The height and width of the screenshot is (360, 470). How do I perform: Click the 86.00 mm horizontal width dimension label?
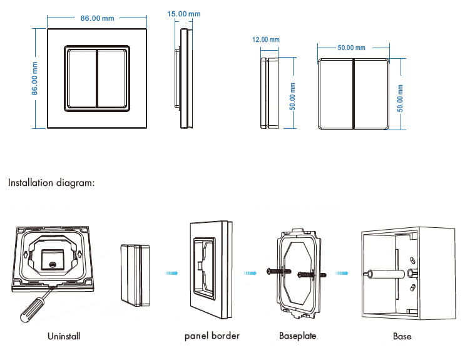97,18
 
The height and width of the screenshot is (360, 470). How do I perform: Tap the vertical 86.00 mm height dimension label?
36,78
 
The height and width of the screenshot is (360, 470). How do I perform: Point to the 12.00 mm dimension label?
265,39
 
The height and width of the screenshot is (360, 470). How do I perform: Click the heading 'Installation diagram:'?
51,183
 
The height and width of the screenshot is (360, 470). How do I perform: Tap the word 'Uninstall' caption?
64,336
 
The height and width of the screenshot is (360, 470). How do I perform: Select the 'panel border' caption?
212,336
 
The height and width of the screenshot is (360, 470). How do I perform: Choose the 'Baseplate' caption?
297,336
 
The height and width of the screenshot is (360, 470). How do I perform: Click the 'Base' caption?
402,336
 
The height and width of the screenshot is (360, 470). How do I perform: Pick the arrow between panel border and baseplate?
250,272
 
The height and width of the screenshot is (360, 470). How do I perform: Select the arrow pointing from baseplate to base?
342,272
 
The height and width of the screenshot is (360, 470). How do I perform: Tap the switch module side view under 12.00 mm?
267,94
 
